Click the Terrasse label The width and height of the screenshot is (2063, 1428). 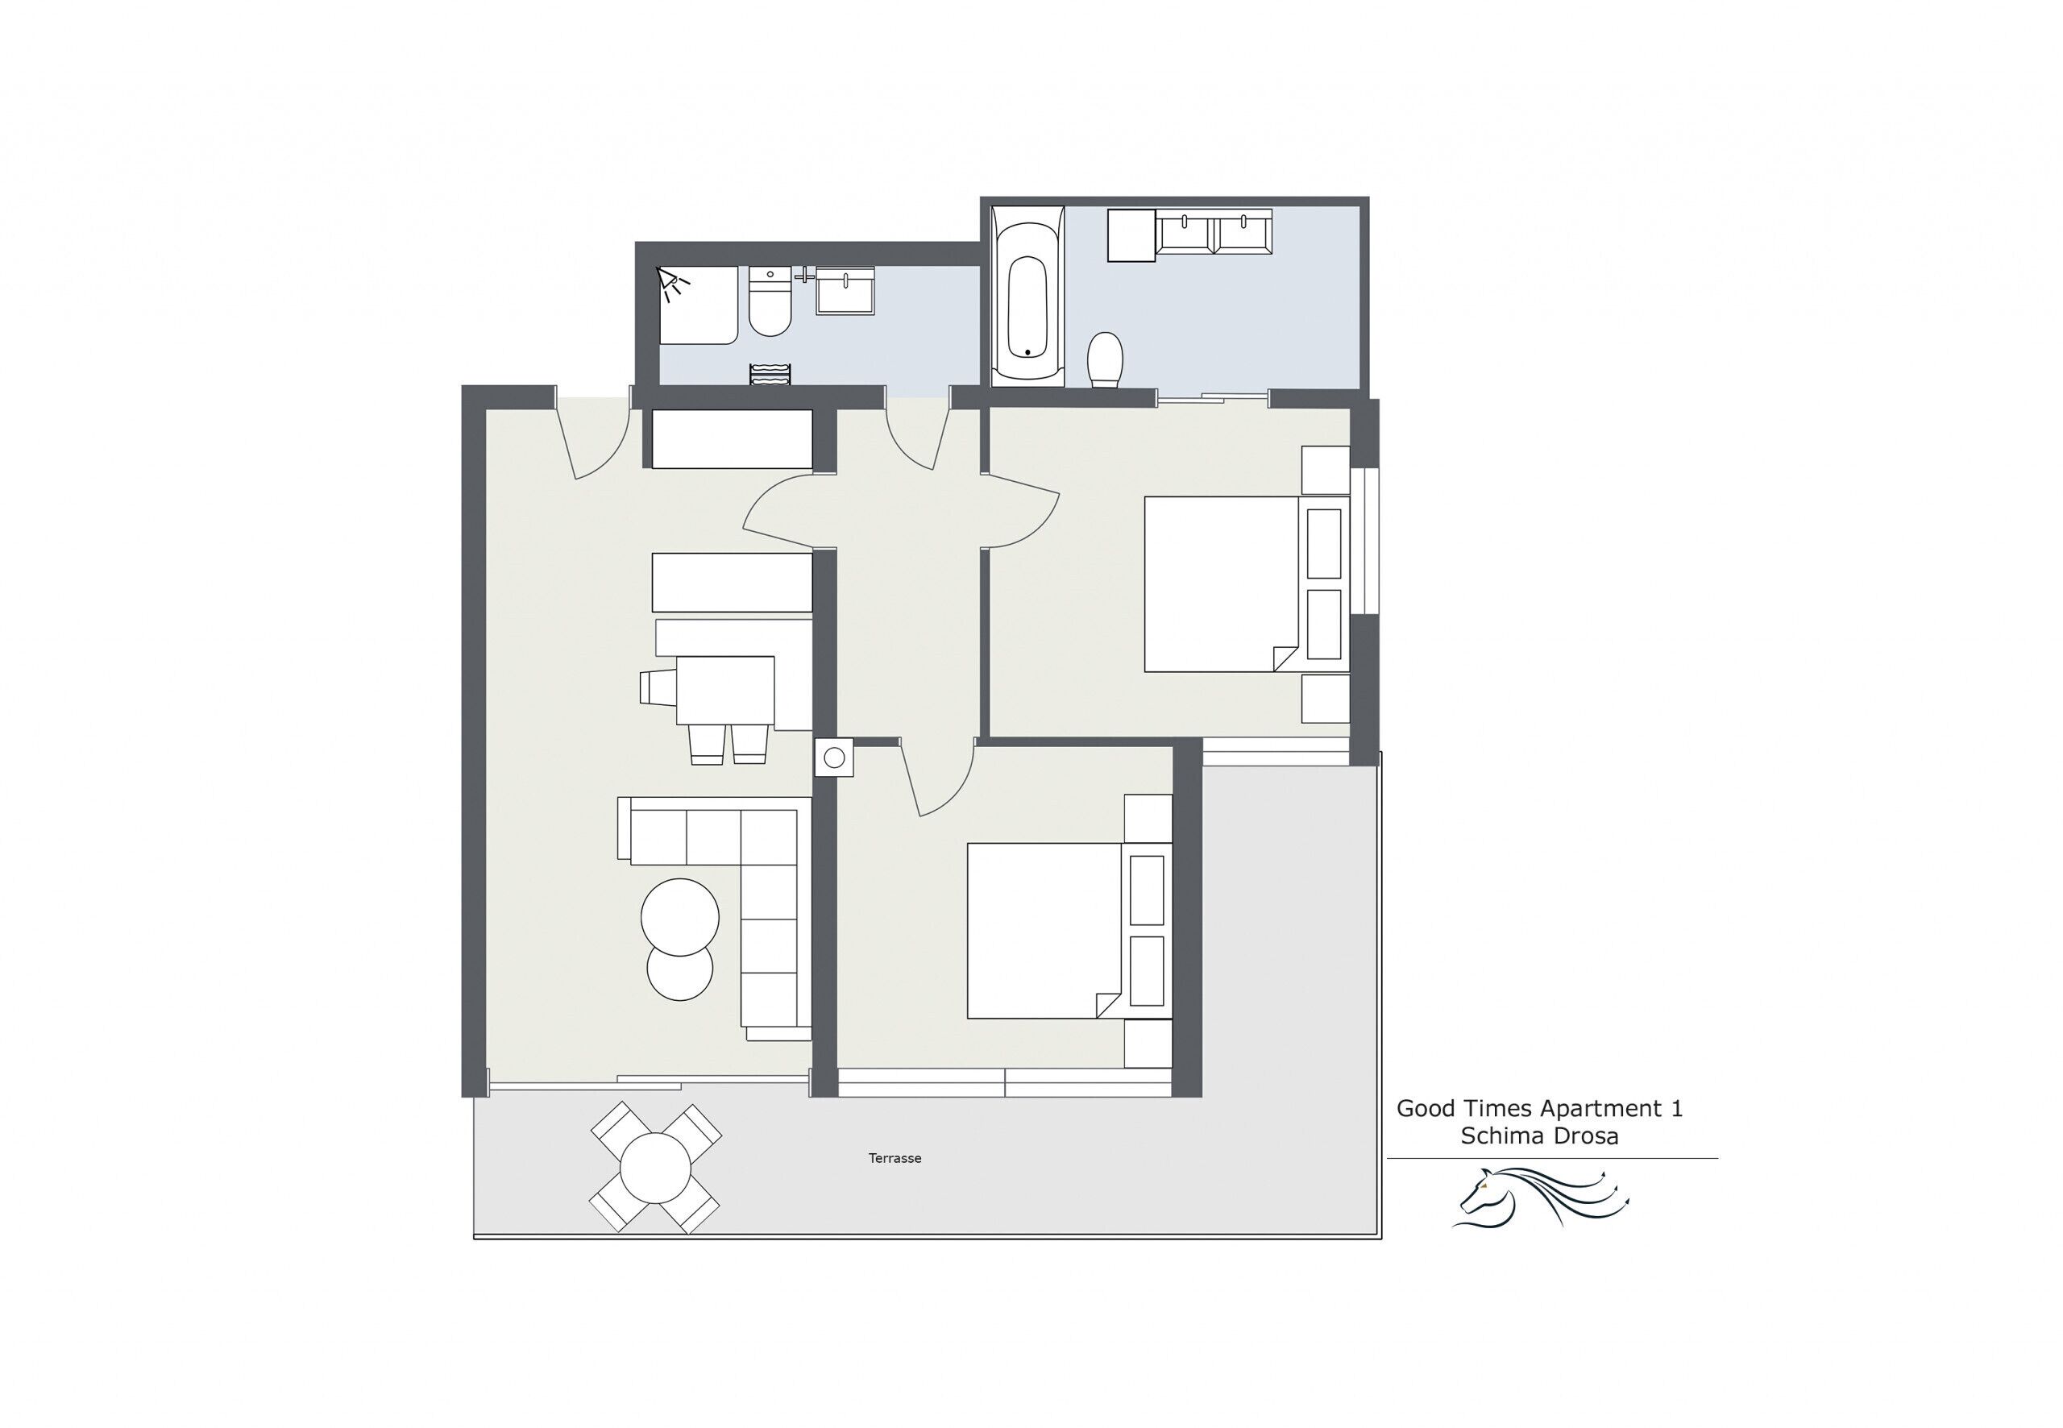point(894,1158)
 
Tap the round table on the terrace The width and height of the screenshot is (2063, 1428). point(656,1169)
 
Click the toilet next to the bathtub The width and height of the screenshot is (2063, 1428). point(1105,359)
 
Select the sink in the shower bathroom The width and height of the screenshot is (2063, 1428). point(845,290)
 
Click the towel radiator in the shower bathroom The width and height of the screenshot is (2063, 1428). point(770,374)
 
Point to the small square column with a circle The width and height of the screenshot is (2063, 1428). point(834,758)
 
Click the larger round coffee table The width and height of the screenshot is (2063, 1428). point(680,917)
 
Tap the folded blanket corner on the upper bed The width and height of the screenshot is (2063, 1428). point(1285,658)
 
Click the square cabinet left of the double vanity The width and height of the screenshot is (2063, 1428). point(1131,235)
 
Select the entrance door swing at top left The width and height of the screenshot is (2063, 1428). point(592,440)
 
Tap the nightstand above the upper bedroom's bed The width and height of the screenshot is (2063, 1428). point(1325,470)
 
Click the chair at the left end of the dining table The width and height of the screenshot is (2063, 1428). point(658,688)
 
